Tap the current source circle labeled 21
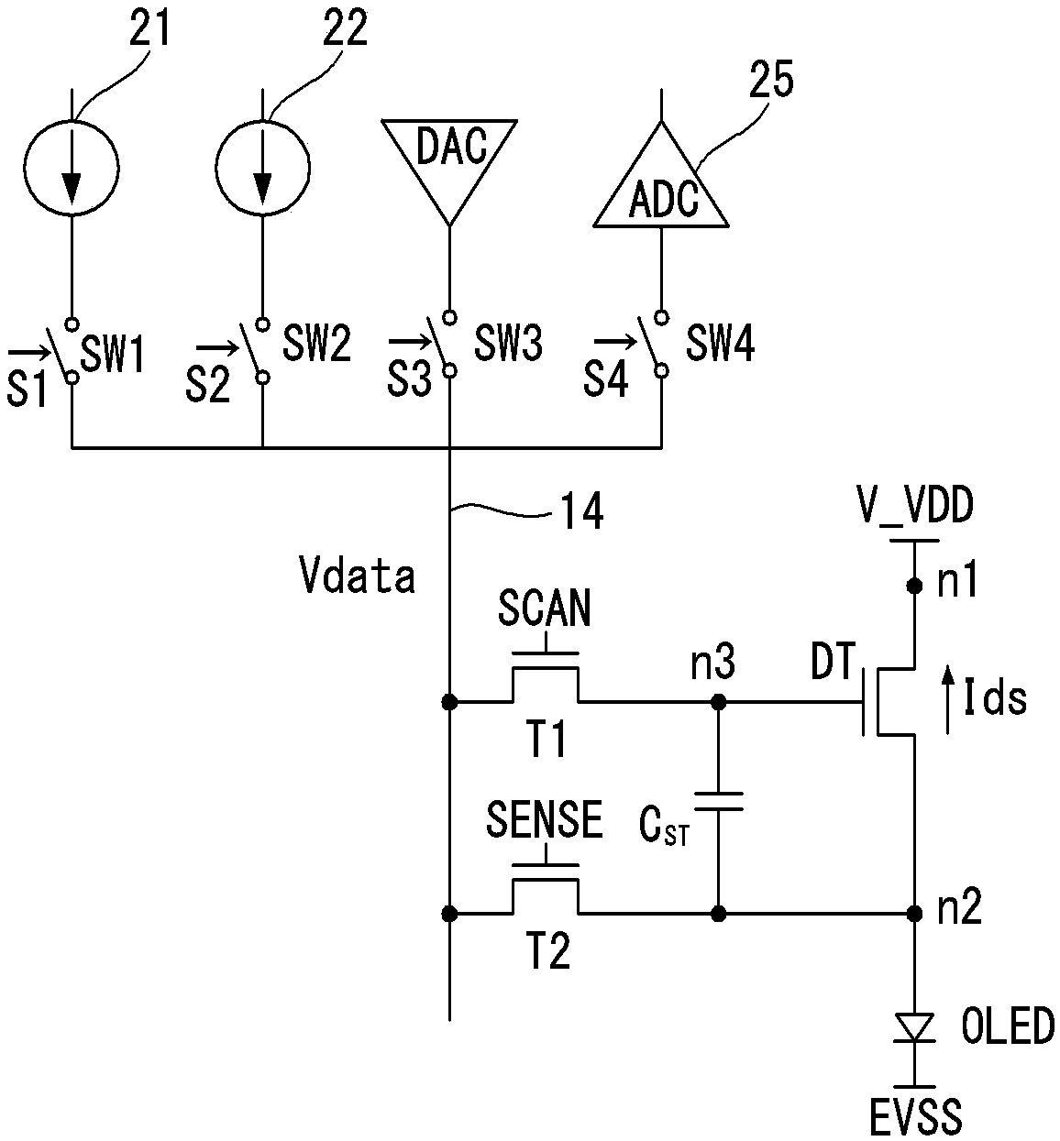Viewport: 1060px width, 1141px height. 72,169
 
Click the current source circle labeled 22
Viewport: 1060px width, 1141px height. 262,169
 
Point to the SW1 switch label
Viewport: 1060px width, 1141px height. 112,355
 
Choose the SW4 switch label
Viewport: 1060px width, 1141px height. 721,344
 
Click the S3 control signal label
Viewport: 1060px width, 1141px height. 409,379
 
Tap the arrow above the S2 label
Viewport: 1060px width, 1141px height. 217,347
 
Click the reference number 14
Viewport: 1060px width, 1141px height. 582,510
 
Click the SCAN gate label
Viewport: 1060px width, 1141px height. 545,608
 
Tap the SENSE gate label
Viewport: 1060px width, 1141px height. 545,819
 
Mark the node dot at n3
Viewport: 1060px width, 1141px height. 719,701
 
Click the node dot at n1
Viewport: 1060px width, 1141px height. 914,586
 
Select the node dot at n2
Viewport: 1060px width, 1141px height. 914,913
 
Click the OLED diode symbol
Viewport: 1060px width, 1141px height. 914,1028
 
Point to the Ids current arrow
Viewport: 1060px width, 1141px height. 947,700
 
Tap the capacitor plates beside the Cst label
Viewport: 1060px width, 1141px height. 719,802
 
